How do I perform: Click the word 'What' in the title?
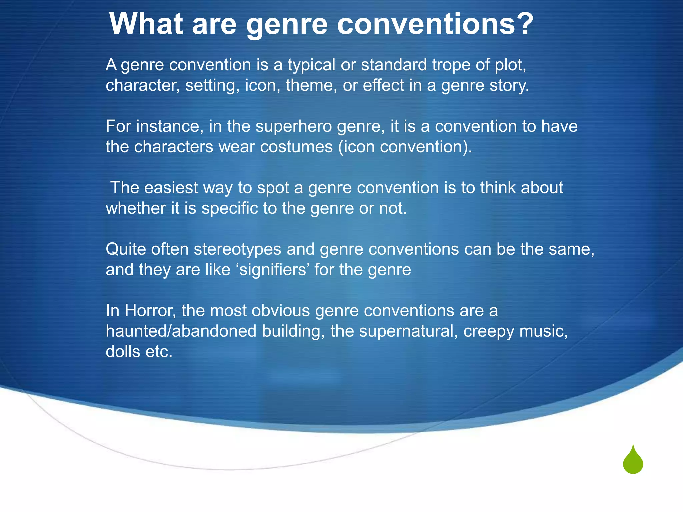[x=146, y=24]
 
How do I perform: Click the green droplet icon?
[x=633, y=461]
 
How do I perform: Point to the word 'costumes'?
[x=296, y=147]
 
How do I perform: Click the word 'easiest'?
[x=171, y=188]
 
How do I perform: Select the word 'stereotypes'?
[x=237, y=249]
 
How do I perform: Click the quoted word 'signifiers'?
[x=273, y=270]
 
